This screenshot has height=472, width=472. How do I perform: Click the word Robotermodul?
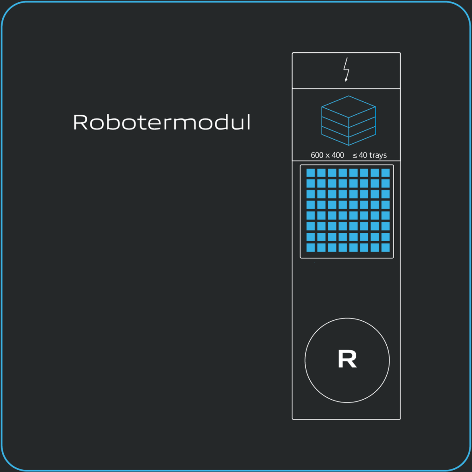click(162, 122)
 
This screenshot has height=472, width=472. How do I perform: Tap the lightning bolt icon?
click(347, 70)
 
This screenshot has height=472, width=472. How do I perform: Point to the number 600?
click(317, 155)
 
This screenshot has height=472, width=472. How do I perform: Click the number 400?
click(338, 155)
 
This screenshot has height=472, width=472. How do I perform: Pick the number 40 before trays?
click(363, 155)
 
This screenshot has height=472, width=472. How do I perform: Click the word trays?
click(378, 155)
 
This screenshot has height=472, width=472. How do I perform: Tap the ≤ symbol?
click(355, 155)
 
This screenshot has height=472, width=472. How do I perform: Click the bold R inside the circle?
click(347, 360)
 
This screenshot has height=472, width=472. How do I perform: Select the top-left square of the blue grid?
click(311, 173)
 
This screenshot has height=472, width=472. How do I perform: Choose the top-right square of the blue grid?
click(385, 173)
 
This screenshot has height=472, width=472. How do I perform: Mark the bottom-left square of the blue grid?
click(311, 248)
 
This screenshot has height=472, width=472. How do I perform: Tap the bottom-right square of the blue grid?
click(385, 248)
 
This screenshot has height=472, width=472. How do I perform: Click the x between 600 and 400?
click(328, 156)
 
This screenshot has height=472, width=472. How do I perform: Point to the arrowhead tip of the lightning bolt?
click(346, 81)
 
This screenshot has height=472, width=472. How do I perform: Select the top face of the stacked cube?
click(348, 106)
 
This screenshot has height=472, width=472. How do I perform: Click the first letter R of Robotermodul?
click(80, 122)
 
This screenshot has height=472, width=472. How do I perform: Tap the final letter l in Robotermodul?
click(248, 122)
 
